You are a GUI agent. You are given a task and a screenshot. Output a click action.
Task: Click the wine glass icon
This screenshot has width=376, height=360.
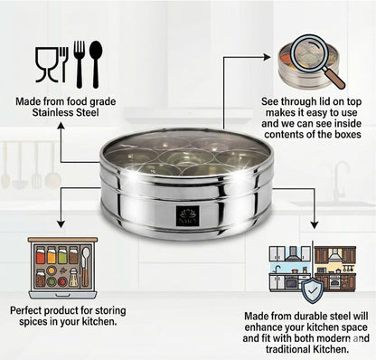43,65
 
